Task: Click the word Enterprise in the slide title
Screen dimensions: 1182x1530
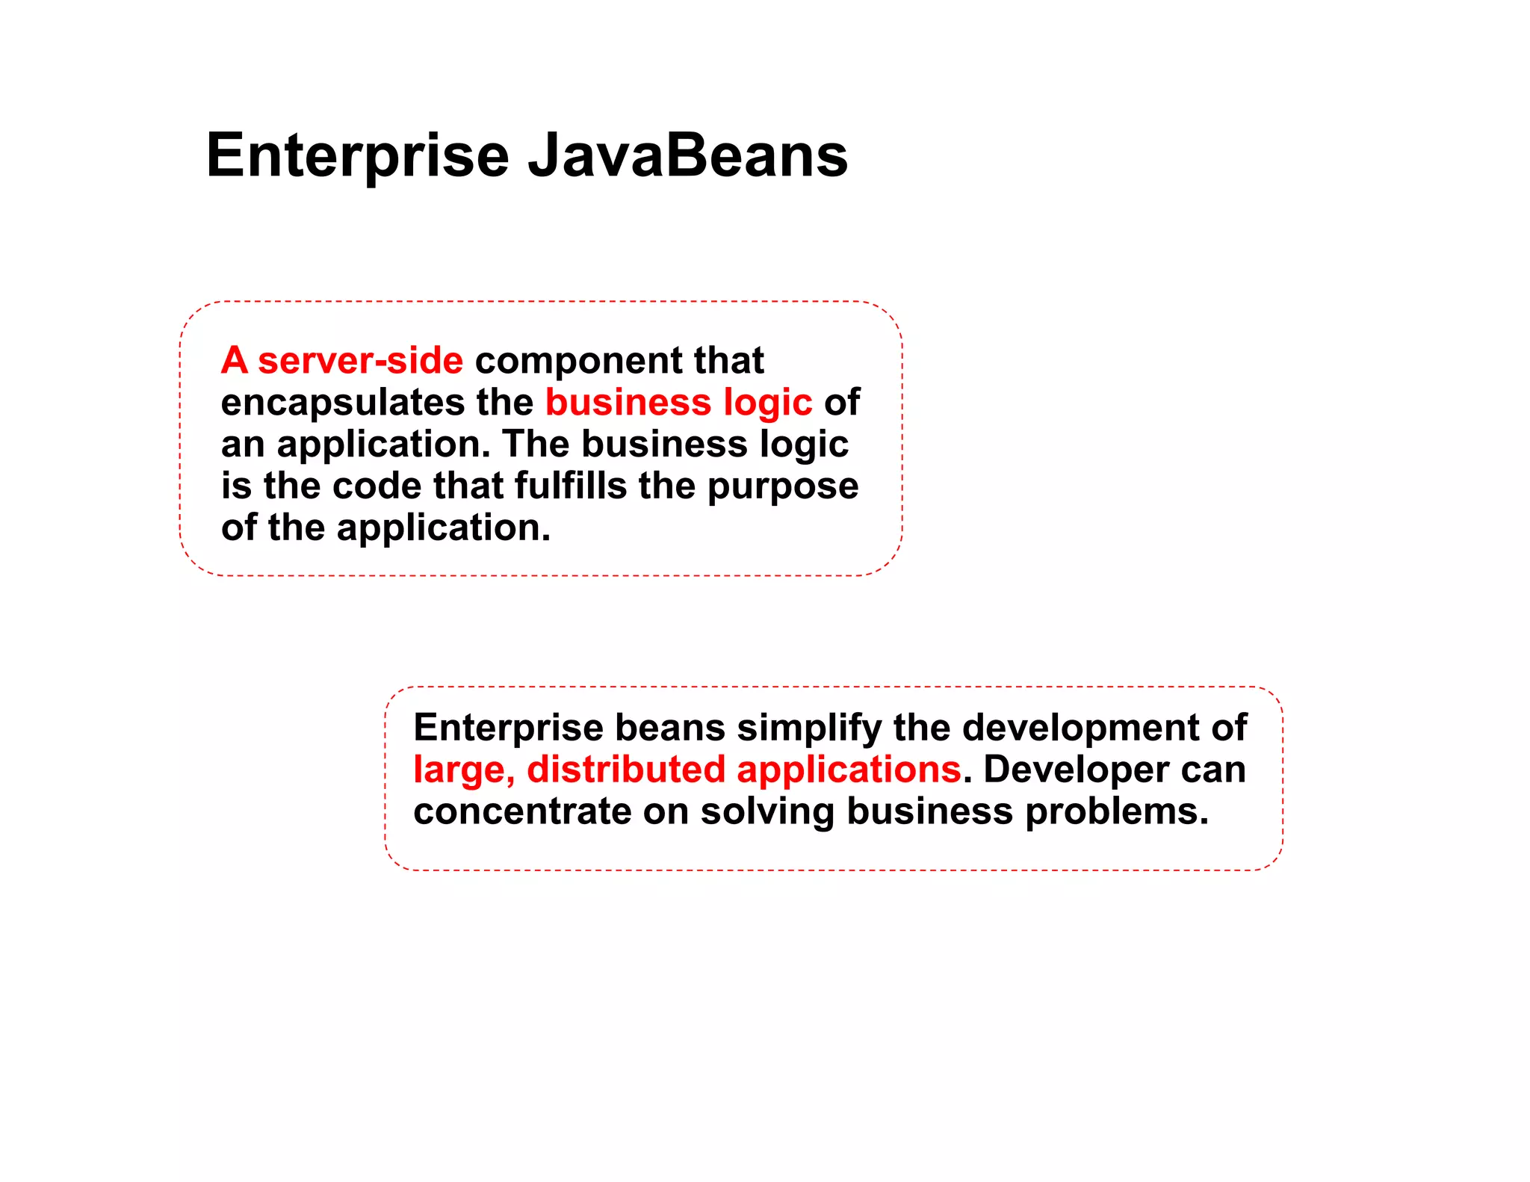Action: click(x=357, y=155)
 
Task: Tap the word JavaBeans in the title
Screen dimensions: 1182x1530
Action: click(x=687, y=155)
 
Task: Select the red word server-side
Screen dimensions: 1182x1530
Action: click(x=360, y=360)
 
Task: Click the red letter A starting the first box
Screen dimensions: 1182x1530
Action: click(x=234, y=360)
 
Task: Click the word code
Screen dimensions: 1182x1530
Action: click(x=377, y=486)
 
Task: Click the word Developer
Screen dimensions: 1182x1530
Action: click(x=1076, y=770)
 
